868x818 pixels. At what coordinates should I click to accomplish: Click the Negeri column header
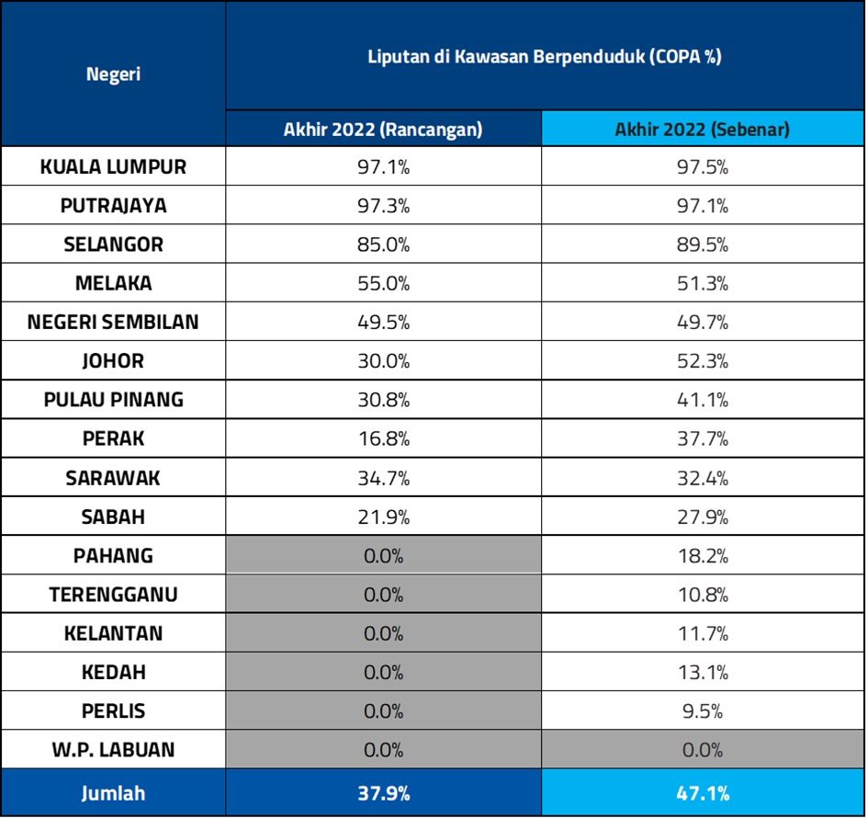tap(113, 74)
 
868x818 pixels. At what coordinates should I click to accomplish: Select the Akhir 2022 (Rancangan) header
tap(383, 130)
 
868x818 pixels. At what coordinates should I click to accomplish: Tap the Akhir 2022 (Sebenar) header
tap(703, 130)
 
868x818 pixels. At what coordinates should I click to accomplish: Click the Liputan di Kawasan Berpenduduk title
tap(544, 56)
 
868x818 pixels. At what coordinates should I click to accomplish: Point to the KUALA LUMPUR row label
tap(113, 167)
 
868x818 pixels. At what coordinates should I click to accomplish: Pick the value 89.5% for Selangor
tap(703, 244)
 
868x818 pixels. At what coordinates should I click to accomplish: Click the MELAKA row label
tap(113, 283)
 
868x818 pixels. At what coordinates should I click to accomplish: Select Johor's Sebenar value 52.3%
tap(703, 360)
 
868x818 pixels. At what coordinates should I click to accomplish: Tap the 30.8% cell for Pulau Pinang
tap(383, 400)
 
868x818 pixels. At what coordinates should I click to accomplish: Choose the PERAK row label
tap(113, 438)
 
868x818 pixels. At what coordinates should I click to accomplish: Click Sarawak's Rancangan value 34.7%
tap(383, 478)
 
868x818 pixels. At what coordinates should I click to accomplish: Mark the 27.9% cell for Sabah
tap(703, 517)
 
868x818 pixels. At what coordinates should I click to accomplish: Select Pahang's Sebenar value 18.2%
tap(703, 555)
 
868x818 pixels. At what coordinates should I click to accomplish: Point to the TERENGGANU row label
tap(113, 595)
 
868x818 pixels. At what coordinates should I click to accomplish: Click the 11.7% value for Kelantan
tap(703, 633)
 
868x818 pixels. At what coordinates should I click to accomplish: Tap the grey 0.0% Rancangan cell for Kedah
tap(383, 672)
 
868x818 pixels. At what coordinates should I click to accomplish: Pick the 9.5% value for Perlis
tap(703, 711)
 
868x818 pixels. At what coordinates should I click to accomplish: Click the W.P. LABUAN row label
tap(113, 750)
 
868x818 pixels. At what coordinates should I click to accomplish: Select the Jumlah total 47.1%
tap(703, 792)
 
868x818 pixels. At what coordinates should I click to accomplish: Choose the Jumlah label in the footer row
tap(113, 792)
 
